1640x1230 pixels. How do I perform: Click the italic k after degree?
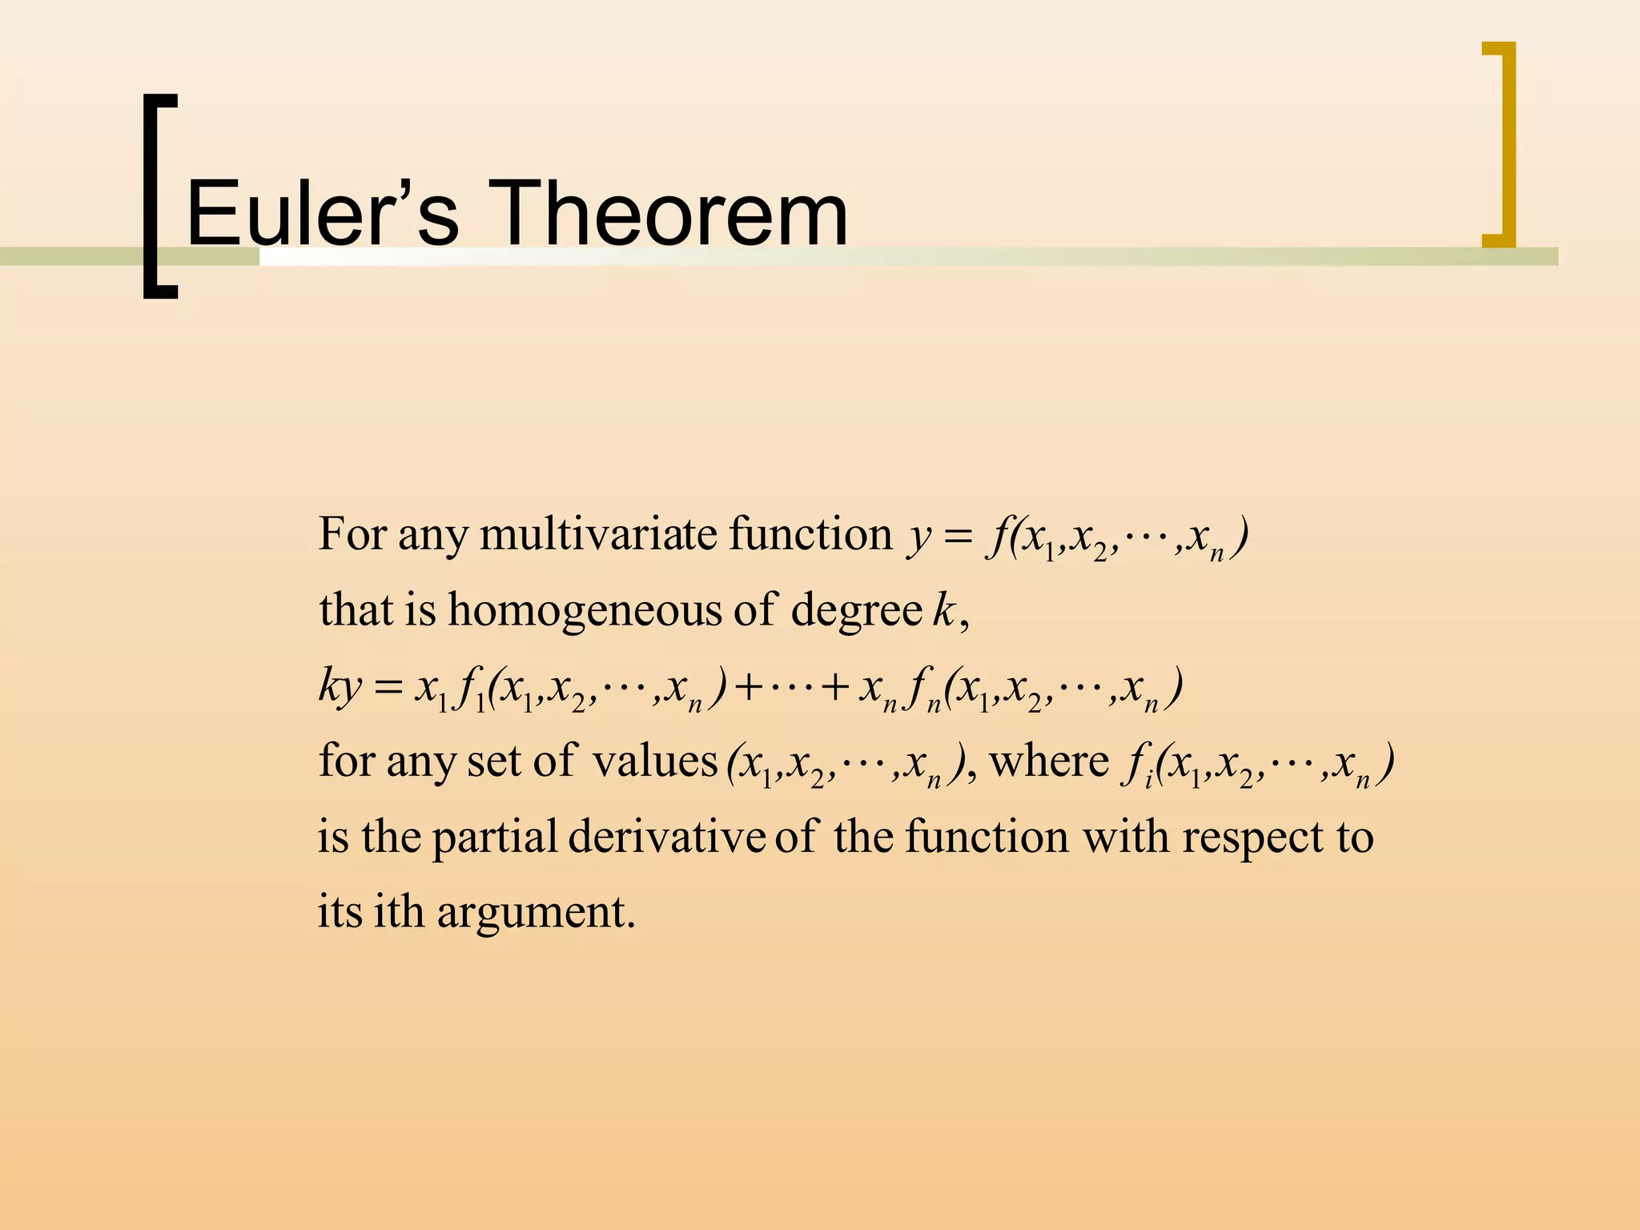945,610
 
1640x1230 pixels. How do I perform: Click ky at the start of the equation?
340,687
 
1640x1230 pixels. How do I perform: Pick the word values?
654,762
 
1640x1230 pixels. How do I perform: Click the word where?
1050,762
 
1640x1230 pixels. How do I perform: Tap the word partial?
494,838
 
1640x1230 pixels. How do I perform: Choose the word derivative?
666,838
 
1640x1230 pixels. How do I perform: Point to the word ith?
399,912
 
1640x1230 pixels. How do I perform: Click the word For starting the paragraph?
352,534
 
